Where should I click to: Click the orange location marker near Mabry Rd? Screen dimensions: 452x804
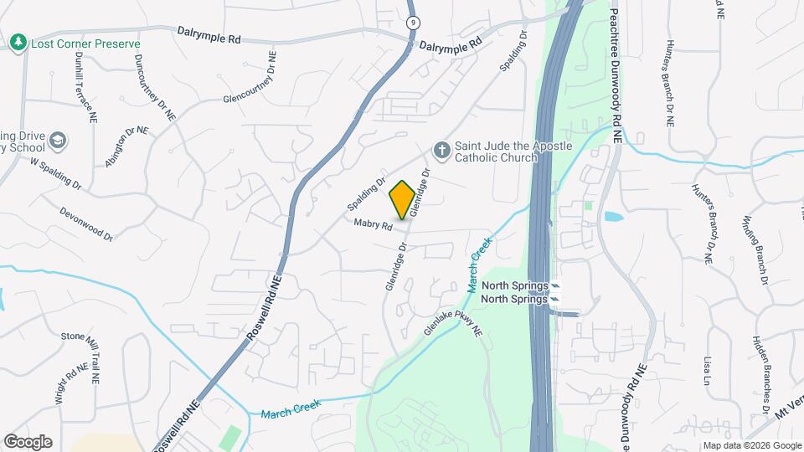402,200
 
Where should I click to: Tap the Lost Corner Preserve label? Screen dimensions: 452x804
85,44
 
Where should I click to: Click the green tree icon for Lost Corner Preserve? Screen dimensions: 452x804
18,42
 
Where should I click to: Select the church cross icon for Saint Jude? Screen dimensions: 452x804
441,151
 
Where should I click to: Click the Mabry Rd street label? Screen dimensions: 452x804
374,224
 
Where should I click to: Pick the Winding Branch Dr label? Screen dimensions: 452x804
755,250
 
